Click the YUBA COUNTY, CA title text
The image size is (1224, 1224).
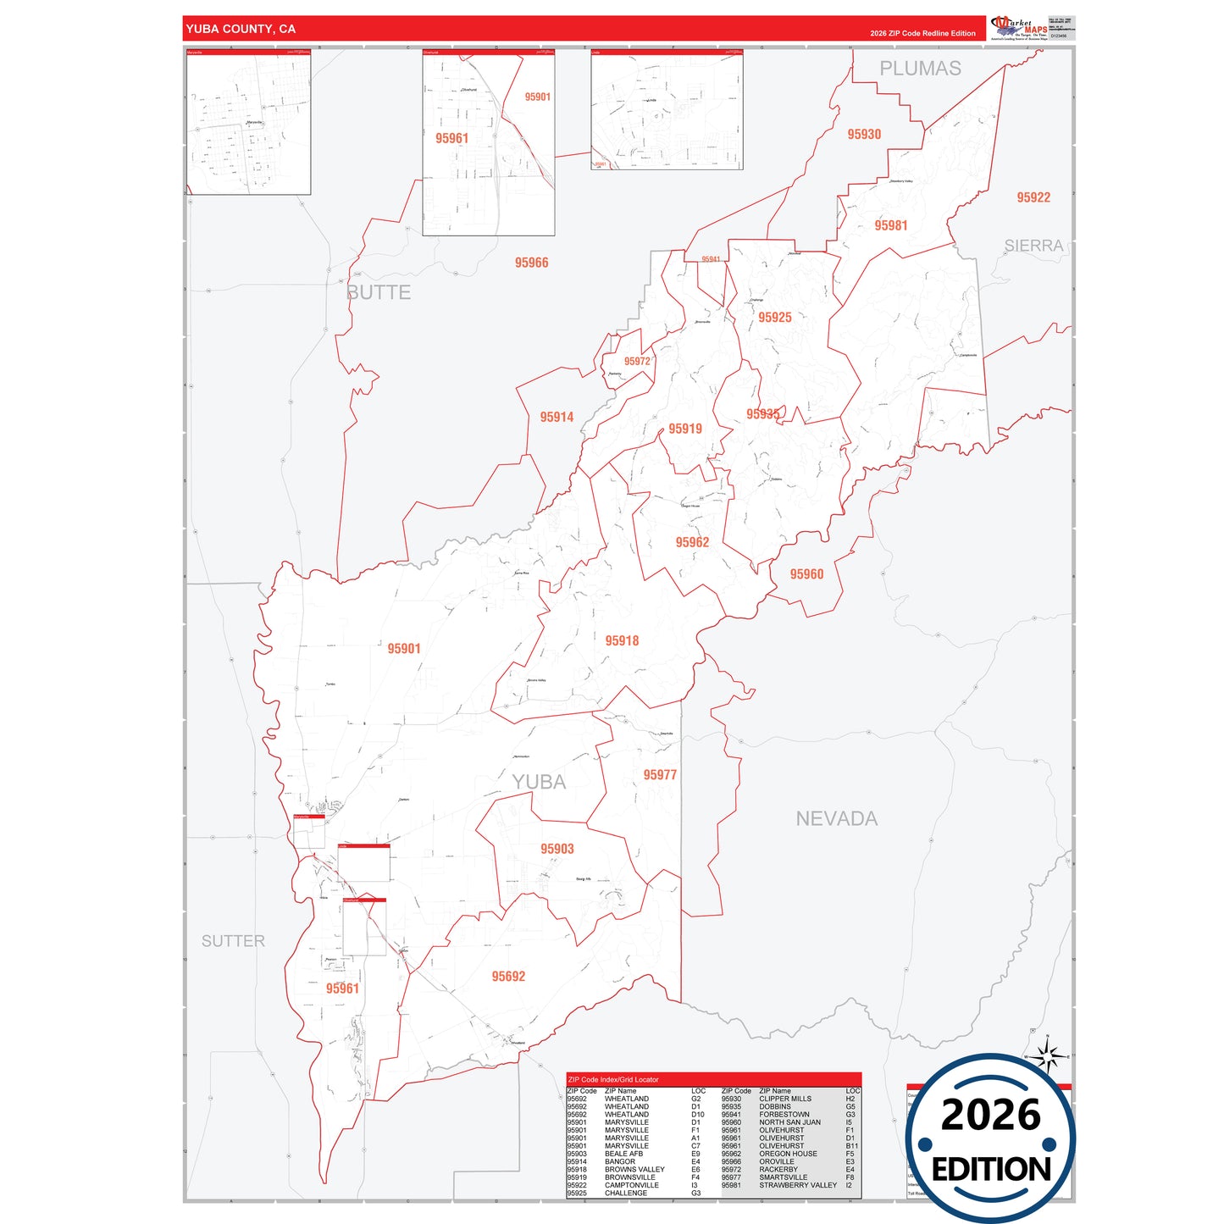click(x=241, y=29)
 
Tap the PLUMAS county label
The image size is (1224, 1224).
click(x=920, y=69)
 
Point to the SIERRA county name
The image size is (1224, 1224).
click(x=1033, y=246)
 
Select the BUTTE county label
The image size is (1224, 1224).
click(x=379, y=293)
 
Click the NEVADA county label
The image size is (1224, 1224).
click(x=836, y=818)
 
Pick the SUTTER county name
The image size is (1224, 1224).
click(x=233, y=941)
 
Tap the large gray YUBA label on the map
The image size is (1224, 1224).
click(x=539, y=782)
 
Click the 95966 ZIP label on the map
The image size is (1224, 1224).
click(x=531, y=263)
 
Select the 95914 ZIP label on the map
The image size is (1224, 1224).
click(x=557, y=417)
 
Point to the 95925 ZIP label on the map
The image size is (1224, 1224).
click(x=775, y=317)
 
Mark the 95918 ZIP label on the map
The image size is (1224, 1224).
click(x=622, y=640)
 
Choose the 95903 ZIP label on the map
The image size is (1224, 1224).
click(x=557, y=849)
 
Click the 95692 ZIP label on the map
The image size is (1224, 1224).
click(x=508, y=977)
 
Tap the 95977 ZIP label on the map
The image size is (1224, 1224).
click(x=660, y=775)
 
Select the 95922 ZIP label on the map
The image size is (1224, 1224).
click(x=1033, y=197)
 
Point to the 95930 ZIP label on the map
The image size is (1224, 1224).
click(x=864, y=134)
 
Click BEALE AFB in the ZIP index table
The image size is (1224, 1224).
click(x=623, y=1154)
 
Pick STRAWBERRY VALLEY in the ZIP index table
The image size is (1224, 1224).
click(x=798, y=1185)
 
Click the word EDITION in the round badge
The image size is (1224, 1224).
click(x=991, y=1170)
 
